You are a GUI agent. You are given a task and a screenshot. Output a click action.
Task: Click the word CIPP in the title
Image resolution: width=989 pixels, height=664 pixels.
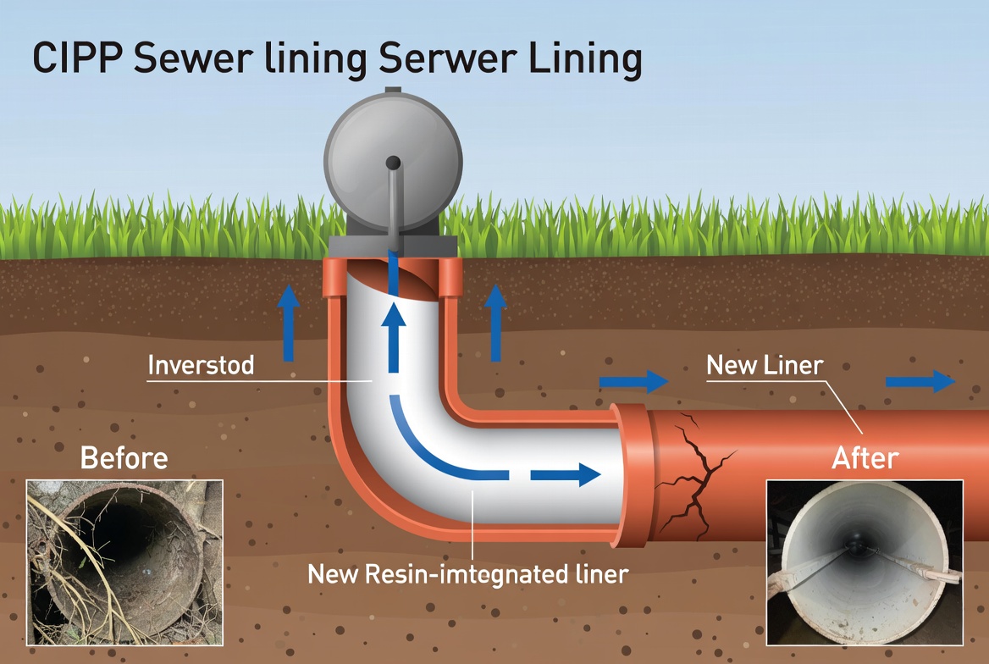77,58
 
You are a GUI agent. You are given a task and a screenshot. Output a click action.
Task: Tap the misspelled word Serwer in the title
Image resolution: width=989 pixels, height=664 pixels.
447,58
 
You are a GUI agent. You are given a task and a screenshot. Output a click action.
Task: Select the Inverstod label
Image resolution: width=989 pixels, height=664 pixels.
201,365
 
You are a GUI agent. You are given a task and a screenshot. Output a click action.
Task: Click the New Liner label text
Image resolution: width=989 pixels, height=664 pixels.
765,365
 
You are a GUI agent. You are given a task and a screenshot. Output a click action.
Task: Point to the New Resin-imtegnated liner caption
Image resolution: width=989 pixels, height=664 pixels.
467,574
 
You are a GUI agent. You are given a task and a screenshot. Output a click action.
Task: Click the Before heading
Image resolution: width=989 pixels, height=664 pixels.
124,457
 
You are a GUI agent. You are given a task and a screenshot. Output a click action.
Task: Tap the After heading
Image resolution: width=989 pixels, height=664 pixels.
865,457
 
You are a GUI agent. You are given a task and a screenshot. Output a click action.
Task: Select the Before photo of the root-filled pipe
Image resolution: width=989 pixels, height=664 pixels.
124,562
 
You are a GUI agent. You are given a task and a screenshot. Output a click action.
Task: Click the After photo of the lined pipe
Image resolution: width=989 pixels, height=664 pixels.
865,562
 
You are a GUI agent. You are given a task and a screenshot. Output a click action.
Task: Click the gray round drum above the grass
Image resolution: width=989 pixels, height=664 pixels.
393,162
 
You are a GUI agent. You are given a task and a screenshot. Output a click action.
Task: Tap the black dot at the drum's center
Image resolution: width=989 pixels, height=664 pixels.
393,163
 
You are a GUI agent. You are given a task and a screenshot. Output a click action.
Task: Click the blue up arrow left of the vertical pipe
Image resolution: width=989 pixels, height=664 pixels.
289,323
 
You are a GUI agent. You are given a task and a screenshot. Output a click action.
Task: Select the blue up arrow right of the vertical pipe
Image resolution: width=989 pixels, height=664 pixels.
495,323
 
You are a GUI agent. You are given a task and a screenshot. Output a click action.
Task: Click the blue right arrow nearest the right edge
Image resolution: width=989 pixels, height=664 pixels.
920,381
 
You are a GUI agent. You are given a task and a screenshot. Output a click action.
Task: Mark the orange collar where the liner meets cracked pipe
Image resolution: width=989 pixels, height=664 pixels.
633,474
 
